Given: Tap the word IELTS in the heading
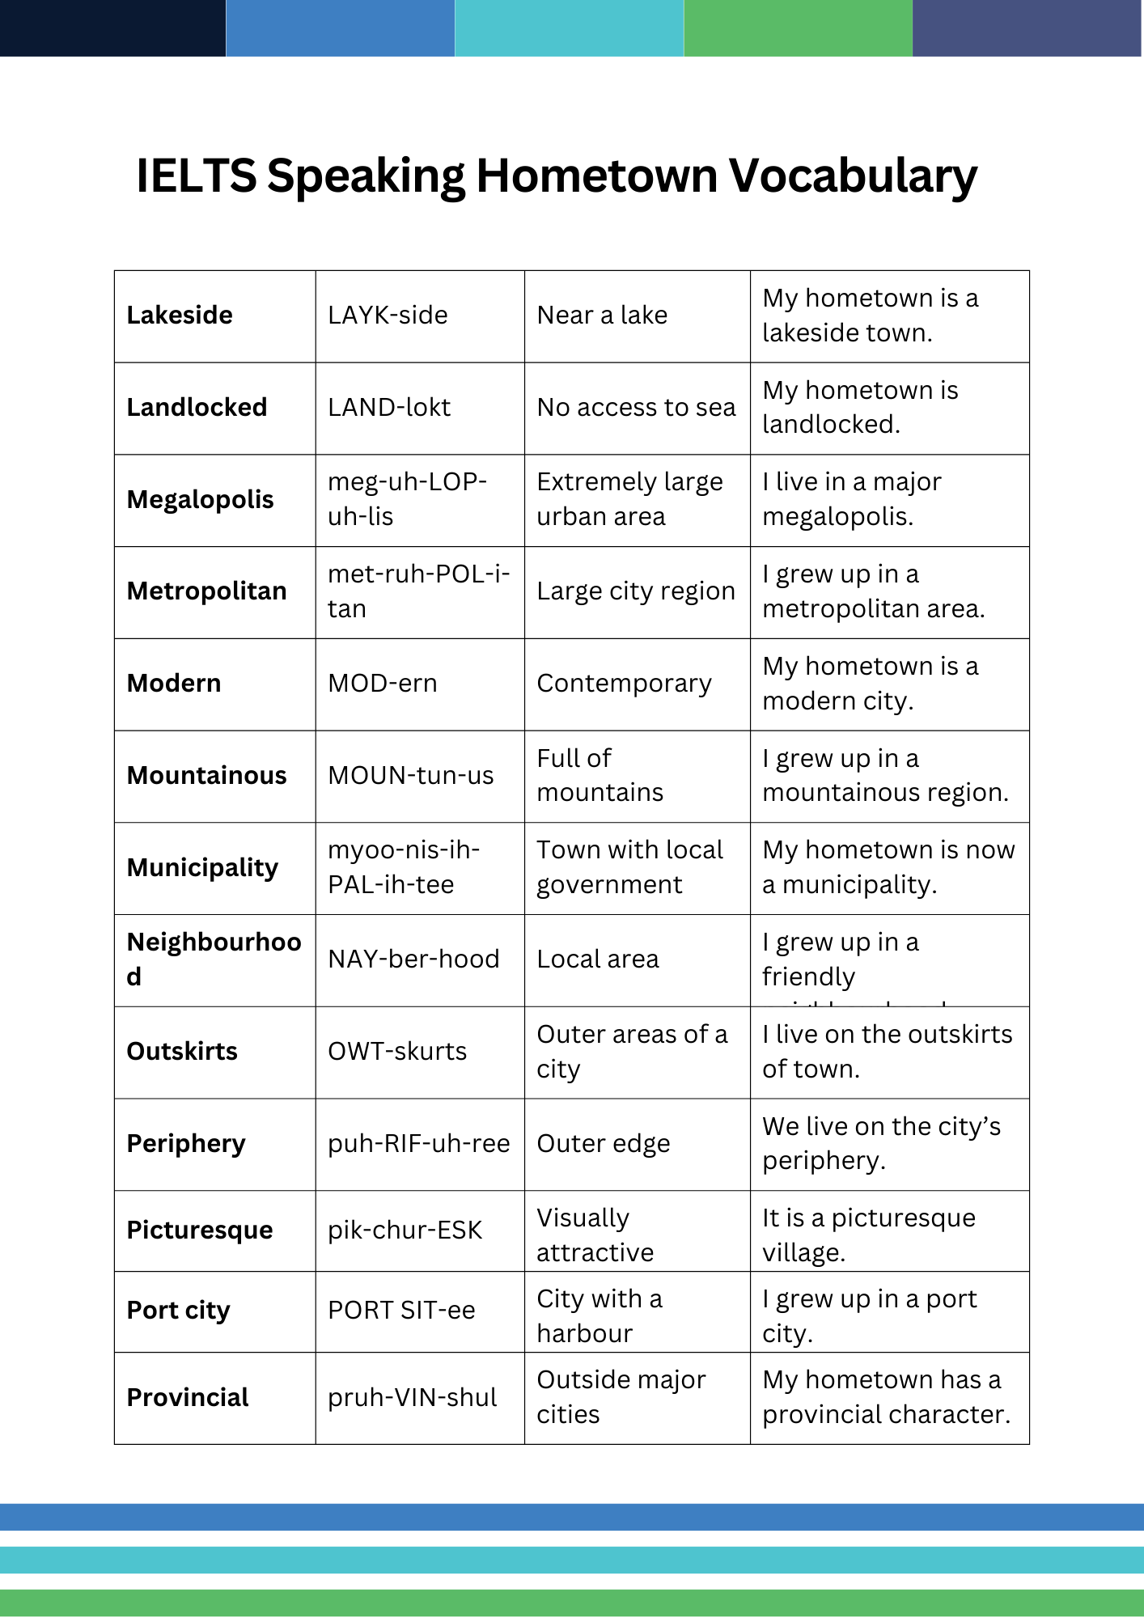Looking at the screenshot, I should (x=197, y=176).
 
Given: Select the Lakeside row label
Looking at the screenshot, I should (x=180, y=316).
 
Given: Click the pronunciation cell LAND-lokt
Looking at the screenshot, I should (x=389, y=408).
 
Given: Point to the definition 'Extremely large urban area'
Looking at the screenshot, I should (x=629, y=499).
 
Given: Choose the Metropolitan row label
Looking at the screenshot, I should (x=206, y=591).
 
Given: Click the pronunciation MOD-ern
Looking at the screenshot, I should (x=382, y=684).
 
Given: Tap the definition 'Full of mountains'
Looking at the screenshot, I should (x=600, y=775).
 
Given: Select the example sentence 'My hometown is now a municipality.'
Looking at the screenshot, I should (x=888, y=867).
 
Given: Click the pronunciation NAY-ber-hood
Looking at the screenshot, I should (x=413, y=959).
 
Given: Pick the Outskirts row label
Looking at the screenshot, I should (x=182, y=1052).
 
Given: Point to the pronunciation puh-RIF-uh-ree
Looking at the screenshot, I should (x=418, y=1144).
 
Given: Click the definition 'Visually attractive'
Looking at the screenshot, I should (x=595, y=1235).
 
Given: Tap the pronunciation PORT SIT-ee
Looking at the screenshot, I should (x=401, y=1311).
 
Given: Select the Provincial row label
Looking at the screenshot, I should (x=188, y=1398).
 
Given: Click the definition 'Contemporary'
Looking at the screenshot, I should (x=624, y=684).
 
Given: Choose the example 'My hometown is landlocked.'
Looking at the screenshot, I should (x=859, y=408).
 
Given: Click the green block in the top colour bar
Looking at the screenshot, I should (x=798, y=28).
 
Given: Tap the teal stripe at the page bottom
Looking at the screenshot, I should (x=572, y=1560).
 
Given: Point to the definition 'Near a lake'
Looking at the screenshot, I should (x=602, y=316).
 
